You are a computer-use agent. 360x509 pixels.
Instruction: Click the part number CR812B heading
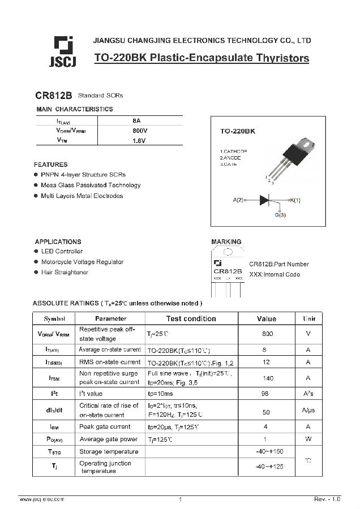[54, 96]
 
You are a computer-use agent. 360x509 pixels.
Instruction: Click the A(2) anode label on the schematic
[238, 200]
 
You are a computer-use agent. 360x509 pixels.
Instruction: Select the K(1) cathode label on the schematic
[295, 200]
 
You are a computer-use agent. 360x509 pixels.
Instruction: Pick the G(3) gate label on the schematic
[280, 215]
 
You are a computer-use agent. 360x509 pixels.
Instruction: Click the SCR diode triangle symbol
[265, 200]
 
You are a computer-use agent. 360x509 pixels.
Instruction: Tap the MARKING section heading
[226, 242]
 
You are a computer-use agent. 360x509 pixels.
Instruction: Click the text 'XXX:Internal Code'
[275, 274]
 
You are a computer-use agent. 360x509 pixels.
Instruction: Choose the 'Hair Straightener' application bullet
[65, 273]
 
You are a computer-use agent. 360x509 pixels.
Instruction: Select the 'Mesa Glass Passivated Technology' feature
[91, 185]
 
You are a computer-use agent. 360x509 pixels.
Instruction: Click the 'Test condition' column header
[191, 318]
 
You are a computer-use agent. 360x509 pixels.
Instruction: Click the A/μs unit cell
[308, 410]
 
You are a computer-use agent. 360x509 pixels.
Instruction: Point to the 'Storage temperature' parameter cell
[109, 451]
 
